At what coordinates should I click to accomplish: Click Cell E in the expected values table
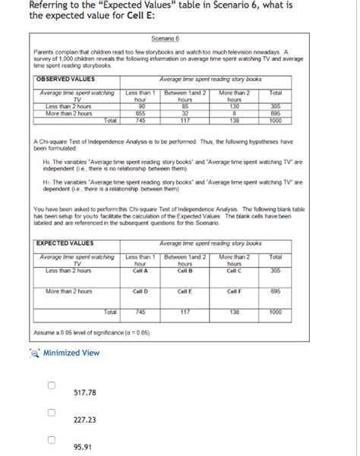click(183, 291)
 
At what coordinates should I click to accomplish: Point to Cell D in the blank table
click(141, 291)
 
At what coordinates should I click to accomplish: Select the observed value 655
click(140, 112)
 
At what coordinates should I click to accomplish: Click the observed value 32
click(184, 112)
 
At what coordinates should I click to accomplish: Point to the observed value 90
click(140, 106)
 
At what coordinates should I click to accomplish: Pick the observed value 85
click(184, 106)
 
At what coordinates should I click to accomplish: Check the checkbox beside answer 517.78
click(52, 386)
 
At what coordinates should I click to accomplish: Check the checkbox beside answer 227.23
click(52, 414)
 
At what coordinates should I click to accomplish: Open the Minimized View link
click(70, 352)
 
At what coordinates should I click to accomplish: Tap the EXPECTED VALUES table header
click(65, 244)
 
